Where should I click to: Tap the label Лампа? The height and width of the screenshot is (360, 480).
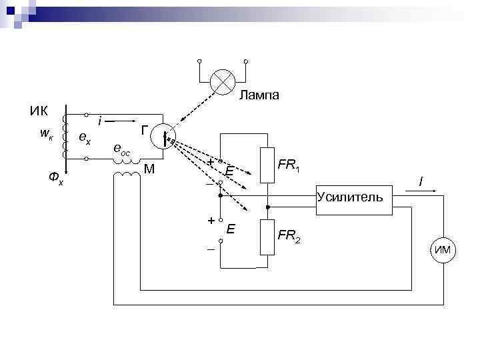[x=259, y=95]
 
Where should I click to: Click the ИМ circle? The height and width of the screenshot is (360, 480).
[x=442, y=250]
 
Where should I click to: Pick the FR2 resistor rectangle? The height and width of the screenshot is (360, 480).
[x=267, y=237]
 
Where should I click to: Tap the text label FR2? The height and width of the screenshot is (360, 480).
[x=289, y=235]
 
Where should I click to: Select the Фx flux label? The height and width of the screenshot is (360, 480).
[x=55, y=178]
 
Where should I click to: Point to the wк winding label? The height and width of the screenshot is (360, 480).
[x=46, y=133]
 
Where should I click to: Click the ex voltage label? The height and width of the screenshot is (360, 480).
[x=85, y=138]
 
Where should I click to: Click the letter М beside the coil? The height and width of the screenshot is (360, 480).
[x=149, y=167]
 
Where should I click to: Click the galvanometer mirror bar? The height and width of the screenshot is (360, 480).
[x=164, y=139]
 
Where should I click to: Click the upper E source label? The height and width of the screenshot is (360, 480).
[x=229, y=172]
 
